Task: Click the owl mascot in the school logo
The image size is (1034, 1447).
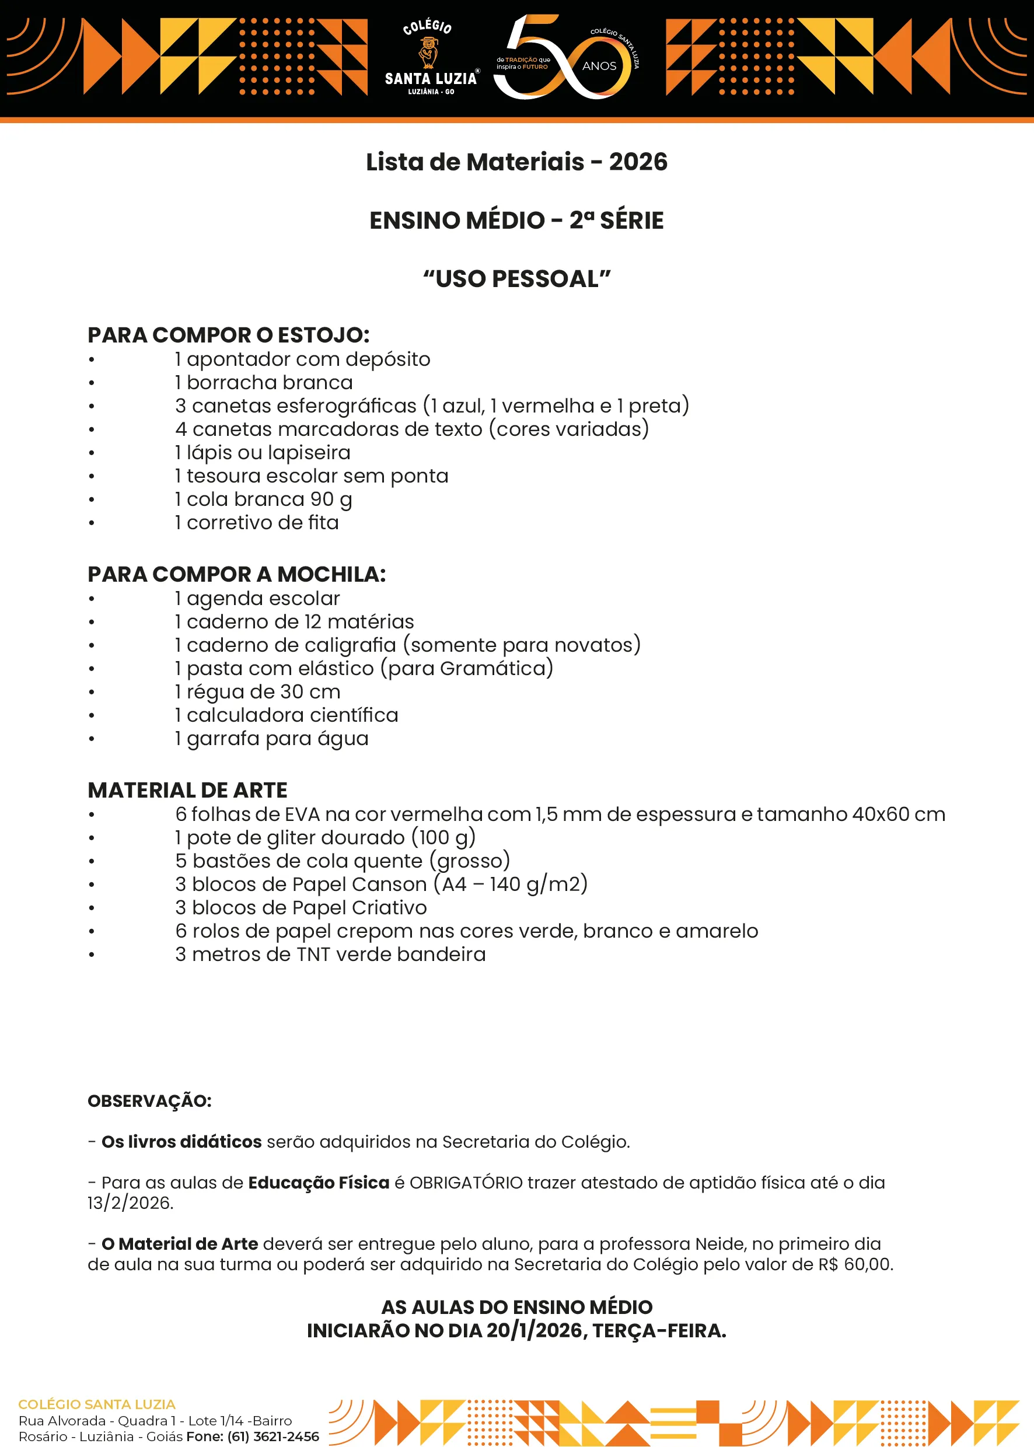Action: point(428,52)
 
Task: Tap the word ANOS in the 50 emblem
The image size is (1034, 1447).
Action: point(599,66)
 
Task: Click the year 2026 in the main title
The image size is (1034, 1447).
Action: point(638,162)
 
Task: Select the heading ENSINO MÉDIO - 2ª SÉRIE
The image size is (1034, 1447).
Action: point(516,221)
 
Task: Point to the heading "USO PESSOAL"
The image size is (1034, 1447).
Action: point(516,279)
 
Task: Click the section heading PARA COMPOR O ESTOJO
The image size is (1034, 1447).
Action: point(229,335)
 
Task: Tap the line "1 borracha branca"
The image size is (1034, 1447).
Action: point(264,383)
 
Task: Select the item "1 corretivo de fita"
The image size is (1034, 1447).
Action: point(257,523)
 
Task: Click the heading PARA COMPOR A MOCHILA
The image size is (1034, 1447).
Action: point(237,574)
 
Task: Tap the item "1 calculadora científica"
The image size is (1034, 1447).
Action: point(287,715)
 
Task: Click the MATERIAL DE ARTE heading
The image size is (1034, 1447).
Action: point(188,790)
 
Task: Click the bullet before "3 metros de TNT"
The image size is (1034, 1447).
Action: point(92,955)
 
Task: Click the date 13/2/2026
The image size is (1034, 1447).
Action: point(131,1203)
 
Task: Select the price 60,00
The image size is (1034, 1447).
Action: point(868,1264)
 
